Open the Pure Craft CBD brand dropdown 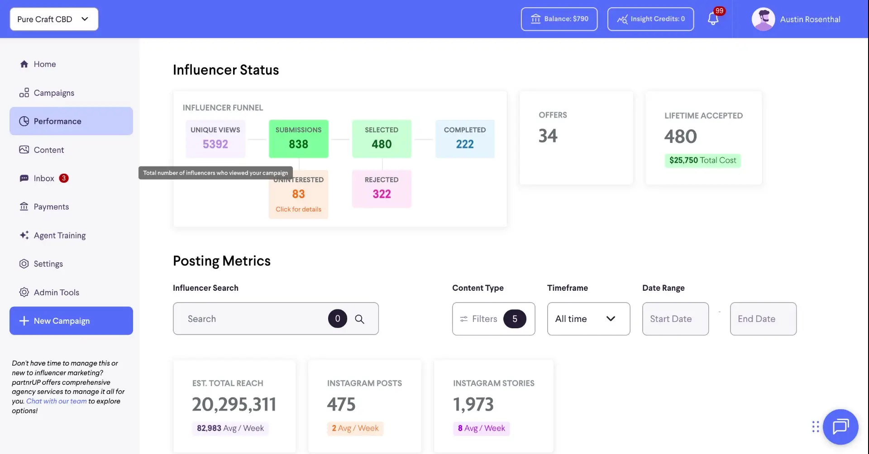(x=54, y=19)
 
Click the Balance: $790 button (x=559, y=19)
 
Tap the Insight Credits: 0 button (x=650, y=19)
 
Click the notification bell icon (x=713, y=19)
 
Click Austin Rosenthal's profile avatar (x=763, y=19)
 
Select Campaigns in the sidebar (x=53, y=93)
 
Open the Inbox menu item (x=44, y=178)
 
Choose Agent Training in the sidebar (x=59, y=235)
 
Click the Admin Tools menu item (x=56, y=292)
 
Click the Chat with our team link (x=56, y=401)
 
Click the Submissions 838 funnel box (x=298, y=139)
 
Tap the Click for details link (x=298, y=209)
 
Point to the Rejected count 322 (x=382, y=194)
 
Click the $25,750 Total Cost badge (x=702, y=160)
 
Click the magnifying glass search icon (x=359, y=319)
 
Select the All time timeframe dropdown (x=588, y=319)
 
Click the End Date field (x=763, y=319)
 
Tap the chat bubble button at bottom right (x=840, y=426)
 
